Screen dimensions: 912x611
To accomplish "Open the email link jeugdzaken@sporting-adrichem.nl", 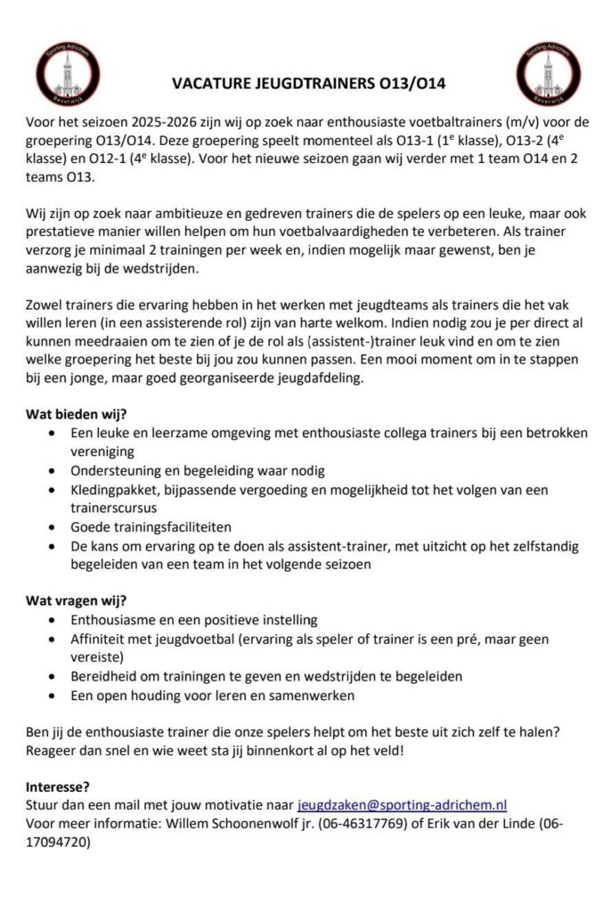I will (402, 803).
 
